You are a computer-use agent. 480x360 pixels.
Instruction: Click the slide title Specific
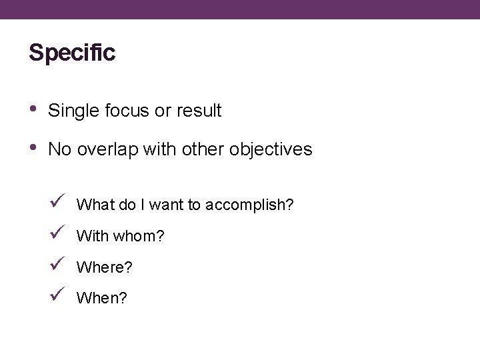click(x=72, y=53)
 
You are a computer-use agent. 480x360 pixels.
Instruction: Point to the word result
click(x=199, y=111)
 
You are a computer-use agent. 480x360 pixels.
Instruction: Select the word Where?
click(x=105, y=268)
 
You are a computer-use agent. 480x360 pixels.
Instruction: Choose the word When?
click(x=102, y=299)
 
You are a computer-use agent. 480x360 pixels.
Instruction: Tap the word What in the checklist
click(x=96, y=205)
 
